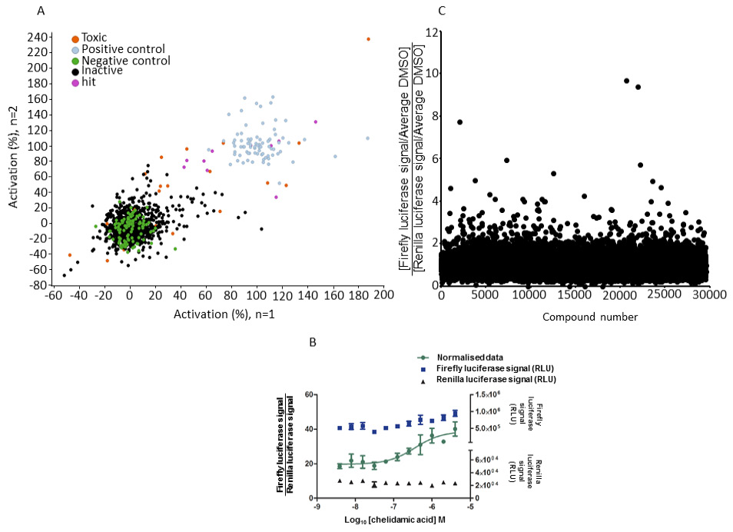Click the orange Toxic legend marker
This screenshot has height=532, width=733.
pyautogui.click(x=75, y=38)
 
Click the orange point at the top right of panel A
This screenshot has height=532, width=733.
pyautogui.click(x=368, y=38)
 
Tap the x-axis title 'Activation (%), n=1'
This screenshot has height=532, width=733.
pyautogui.click(x=224, y=314)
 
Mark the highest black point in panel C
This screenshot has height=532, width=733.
pyautogui.click(x=626, y=80)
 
